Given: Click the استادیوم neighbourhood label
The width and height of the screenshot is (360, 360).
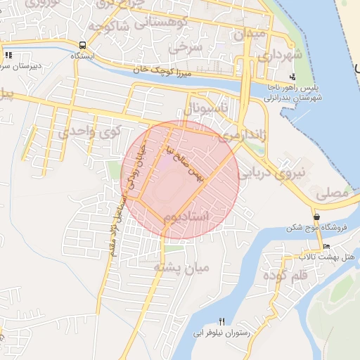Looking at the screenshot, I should point(184,217).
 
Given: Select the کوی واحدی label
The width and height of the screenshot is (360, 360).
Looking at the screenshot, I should point(90,131).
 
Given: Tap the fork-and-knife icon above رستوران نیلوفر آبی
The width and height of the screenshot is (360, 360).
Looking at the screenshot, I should point(222,321).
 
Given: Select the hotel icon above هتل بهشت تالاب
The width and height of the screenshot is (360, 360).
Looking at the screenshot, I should point(326,247).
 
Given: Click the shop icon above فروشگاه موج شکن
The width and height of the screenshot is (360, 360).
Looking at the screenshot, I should point(318,217).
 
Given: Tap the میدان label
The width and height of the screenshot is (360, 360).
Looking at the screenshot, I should point(250,33).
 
